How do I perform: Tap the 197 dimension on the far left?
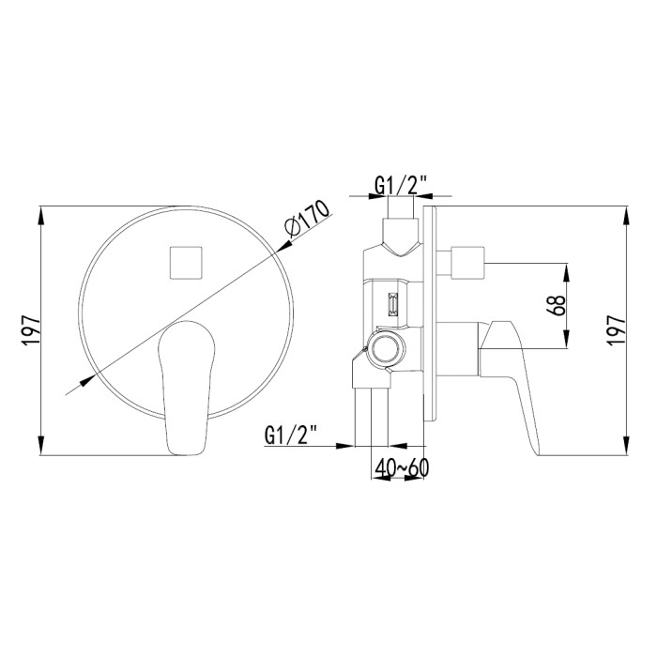click(31, 330)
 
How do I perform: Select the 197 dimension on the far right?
click(617, 330)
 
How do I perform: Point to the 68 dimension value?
click(556, 305)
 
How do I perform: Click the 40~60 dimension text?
click(402, 468)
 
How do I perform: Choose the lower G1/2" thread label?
click(291, 435)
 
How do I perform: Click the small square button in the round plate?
click(186, 263)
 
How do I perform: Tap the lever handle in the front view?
click(187, 388)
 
